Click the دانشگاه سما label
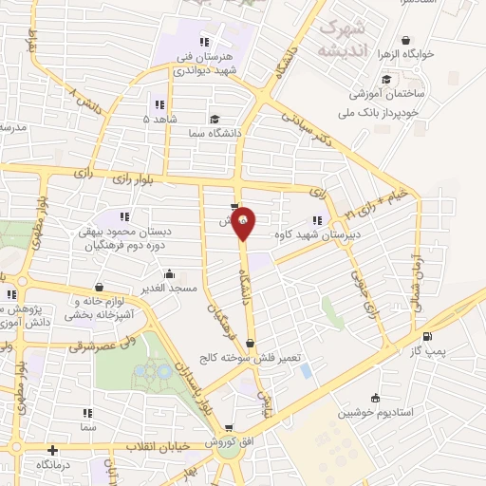215,134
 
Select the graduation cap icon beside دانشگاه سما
215,120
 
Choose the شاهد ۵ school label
159,120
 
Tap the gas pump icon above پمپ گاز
426,337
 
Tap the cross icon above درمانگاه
52,450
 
